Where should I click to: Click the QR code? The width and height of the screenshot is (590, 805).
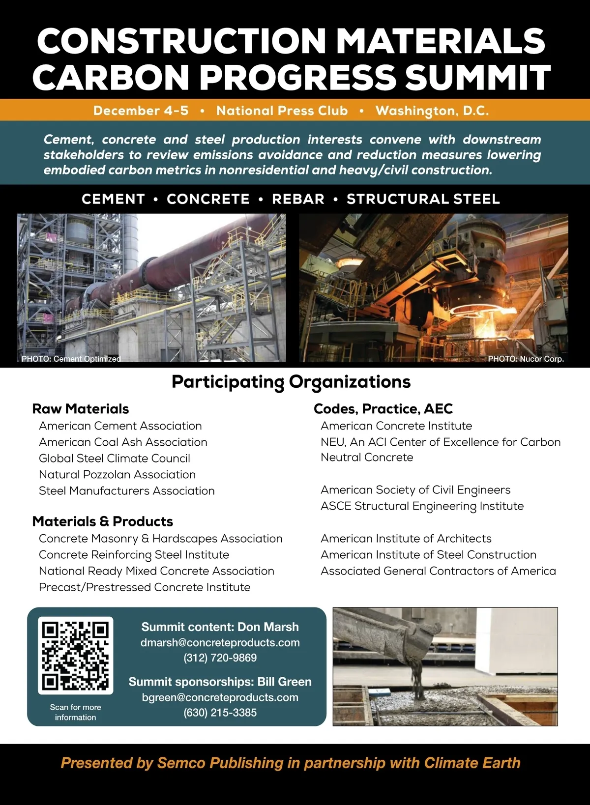click(75, 656)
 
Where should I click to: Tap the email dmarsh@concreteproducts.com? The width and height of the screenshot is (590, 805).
click(220, 642)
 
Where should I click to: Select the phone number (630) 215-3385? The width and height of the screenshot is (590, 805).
click(220, 712)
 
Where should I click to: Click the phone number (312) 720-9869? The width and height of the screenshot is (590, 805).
click(220, 658)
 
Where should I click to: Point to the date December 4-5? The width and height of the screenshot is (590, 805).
click(141, 111)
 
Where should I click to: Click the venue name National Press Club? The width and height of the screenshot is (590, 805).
click(282, 111)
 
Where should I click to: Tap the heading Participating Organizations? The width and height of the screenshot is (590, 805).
click(291, 382)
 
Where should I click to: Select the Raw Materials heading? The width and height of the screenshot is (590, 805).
click(81, 409)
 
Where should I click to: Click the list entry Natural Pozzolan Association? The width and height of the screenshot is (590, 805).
click(117, 474)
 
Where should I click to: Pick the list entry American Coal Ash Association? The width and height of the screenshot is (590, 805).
click(123, 442)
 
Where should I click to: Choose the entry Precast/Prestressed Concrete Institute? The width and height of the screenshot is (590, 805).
click(145, 587)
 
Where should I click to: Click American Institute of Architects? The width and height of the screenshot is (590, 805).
click(406, 539)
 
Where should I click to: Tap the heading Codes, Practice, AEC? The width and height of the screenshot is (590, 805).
click(383, 409)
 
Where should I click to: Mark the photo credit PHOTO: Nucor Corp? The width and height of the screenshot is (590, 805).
click(526, 359)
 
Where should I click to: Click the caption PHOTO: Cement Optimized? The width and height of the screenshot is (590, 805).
click(71, 359)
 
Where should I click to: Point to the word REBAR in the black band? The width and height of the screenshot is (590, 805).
click(298, 199)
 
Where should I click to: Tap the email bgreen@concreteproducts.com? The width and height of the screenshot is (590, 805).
click(220, 697)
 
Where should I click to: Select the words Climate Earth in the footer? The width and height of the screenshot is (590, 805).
click(472, 763)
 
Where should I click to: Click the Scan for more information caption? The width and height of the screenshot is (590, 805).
click(75, 712)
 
